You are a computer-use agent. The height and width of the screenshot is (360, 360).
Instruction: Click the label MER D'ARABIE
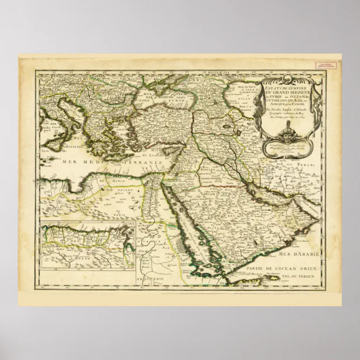pos(301,254)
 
